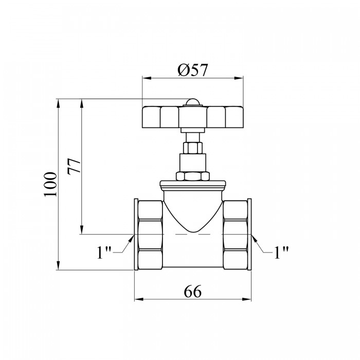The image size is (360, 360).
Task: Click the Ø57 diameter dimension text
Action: pos(193,70)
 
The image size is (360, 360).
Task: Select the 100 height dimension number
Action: pos(50,184)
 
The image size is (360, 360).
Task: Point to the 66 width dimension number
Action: pos(193,292)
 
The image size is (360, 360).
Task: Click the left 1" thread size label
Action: pos(104,253)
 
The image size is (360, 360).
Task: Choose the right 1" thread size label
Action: pos(281,253)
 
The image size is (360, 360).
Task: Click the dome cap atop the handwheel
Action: pos(193,102)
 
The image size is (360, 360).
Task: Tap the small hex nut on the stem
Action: pos(193,148)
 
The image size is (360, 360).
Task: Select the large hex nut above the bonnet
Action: pos(193,176)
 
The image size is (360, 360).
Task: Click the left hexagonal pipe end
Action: pos(148,235)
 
